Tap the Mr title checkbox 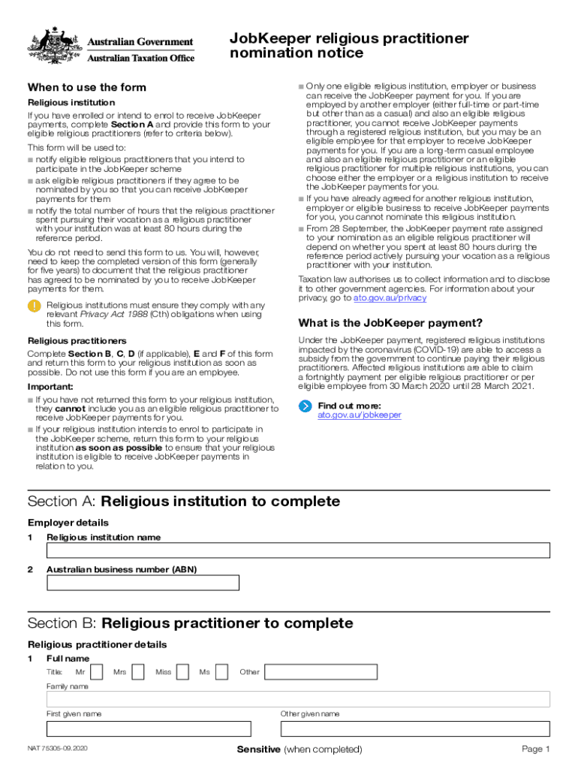coord(95,672)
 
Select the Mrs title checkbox coord(137,672)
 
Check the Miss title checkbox coord(182,672)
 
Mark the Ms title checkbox coord(221,672)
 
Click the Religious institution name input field coord(298,550)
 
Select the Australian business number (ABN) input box coord(143,583)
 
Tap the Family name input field coord(298,699)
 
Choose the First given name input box coord(149,728)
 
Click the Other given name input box coord(415,728)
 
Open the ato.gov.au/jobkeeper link coord(359,415)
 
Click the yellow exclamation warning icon coord(35,306)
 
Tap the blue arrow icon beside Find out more coord(305,406)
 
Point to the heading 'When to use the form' coord(87,87)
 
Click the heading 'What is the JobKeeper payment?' coord(390,323)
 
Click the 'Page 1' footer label coord(536,749)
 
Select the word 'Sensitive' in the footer coord(258,749)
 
